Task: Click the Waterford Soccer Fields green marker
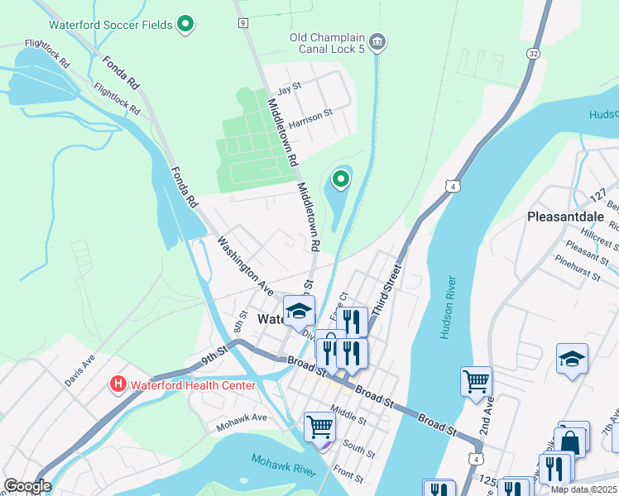point(186,25)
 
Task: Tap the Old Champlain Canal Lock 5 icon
point(377,41)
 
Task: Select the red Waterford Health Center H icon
point(118,384)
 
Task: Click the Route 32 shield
point(534,53)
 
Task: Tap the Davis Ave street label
point(80,370)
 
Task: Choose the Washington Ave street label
point(245,266)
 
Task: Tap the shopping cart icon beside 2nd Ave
point(476,381)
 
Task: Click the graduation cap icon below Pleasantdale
point(572,359)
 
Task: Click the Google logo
point(27,486)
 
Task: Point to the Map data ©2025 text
point(585,489)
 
